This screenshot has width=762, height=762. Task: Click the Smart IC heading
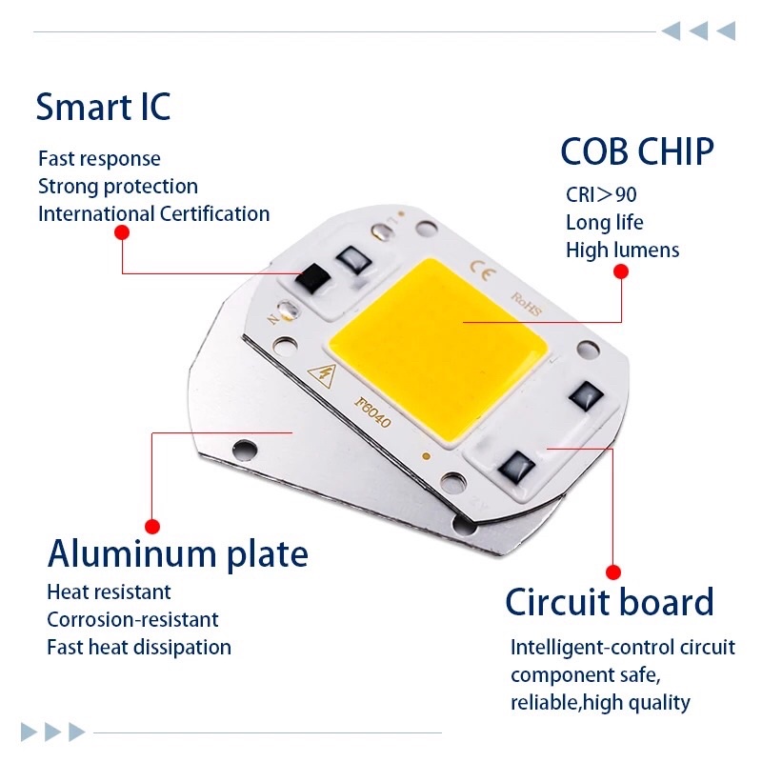click(x=103, y=107)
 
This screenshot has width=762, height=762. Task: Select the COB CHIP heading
click(x=636, y=152)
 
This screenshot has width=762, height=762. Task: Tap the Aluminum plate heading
click(x=178, y=553)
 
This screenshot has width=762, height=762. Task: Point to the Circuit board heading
click(x=610, y=603)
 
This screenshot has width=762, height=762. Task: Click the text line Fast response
click(x=99, y=158)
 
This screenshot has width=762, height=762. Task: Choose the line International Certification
click(x=153, y=213)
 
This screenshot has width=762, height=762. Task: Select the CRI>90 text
click(x=601, y=195)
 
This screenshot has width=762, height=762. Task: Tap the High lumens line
click(x=622, y=251)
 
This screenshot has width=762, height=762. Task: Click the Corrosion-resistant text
click(x=132, y=619)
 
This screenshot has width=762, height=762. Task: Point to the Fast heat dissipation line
click(x=139, y=647)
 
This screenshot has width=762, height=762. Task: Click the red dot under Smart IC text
click(x=122, y=232)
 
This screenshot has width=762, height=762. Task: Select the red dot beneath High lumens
click(x=621, y=271)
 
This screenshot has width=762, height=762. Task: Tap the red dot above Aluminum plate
click(x=151, y=526)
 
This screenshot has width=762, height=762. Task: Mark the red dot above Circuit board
click(x=614, y=571)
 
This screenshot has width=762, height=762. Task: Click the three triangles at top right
click(x=698, y=31)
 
